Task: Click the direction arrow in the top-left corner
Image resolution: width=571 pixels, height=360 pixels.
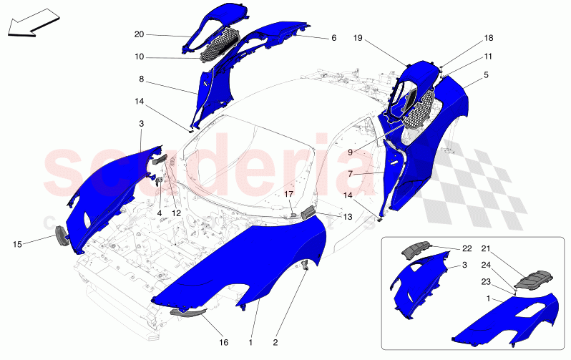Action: point(33,23)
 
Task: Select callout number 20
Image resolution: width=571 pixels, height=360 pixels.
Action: point(139,34)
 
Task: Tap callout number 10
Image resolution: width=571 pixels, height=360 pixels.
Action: point(139,57)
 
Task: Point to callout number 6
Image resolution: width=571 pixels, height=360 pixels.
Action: point(333,38)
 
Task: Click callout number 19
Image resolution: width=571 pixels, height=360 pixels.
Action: point(358,37)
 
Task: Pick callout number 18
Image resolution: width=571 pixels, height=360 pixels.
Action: point(488,38)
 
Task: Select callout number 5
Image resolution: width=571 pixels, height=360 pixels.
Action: point(486,75)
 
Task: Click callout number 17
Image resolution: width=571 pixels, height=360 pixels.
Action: point(289,194)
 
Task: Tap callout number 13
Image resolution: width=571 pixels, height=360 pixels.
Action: point(348,217)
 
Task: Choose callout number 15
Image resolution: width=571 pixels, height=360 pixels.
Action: point(17,244)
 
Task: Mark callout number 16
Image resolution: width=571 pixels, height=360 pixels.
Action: point(223,342)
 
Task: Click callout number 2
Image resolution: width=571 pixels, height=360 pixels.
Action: point(275,342)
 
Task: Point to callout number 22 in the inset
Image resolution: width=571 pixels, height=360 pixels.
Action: point(467,248)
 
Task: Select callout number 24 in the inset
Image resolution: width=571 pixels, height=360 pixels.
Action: point(486,265)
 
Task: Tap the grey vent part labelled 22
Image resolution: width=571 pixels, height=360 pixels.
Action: point(416,249)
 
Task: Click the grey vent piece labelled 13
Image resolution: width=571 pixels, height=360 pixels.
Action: point(309,212)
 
